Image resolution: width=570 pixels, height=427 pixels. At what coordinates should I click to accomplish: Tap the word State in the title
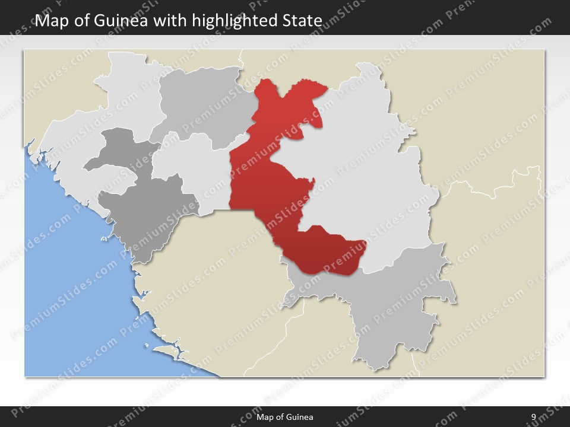(300, 21)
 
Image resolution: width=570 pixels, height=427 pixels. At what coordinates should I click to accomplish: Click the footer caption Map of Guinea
(284, 418)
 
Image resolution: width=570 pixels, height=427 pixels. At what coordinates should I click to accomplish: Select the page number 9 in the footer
(533, 418)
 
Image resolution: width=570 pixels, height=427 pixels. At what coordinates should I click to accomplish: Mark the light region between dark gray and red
(190, 166)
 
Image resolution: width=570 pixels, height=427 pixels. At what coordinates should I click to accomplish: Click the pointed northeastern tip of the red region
(325, 88)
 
